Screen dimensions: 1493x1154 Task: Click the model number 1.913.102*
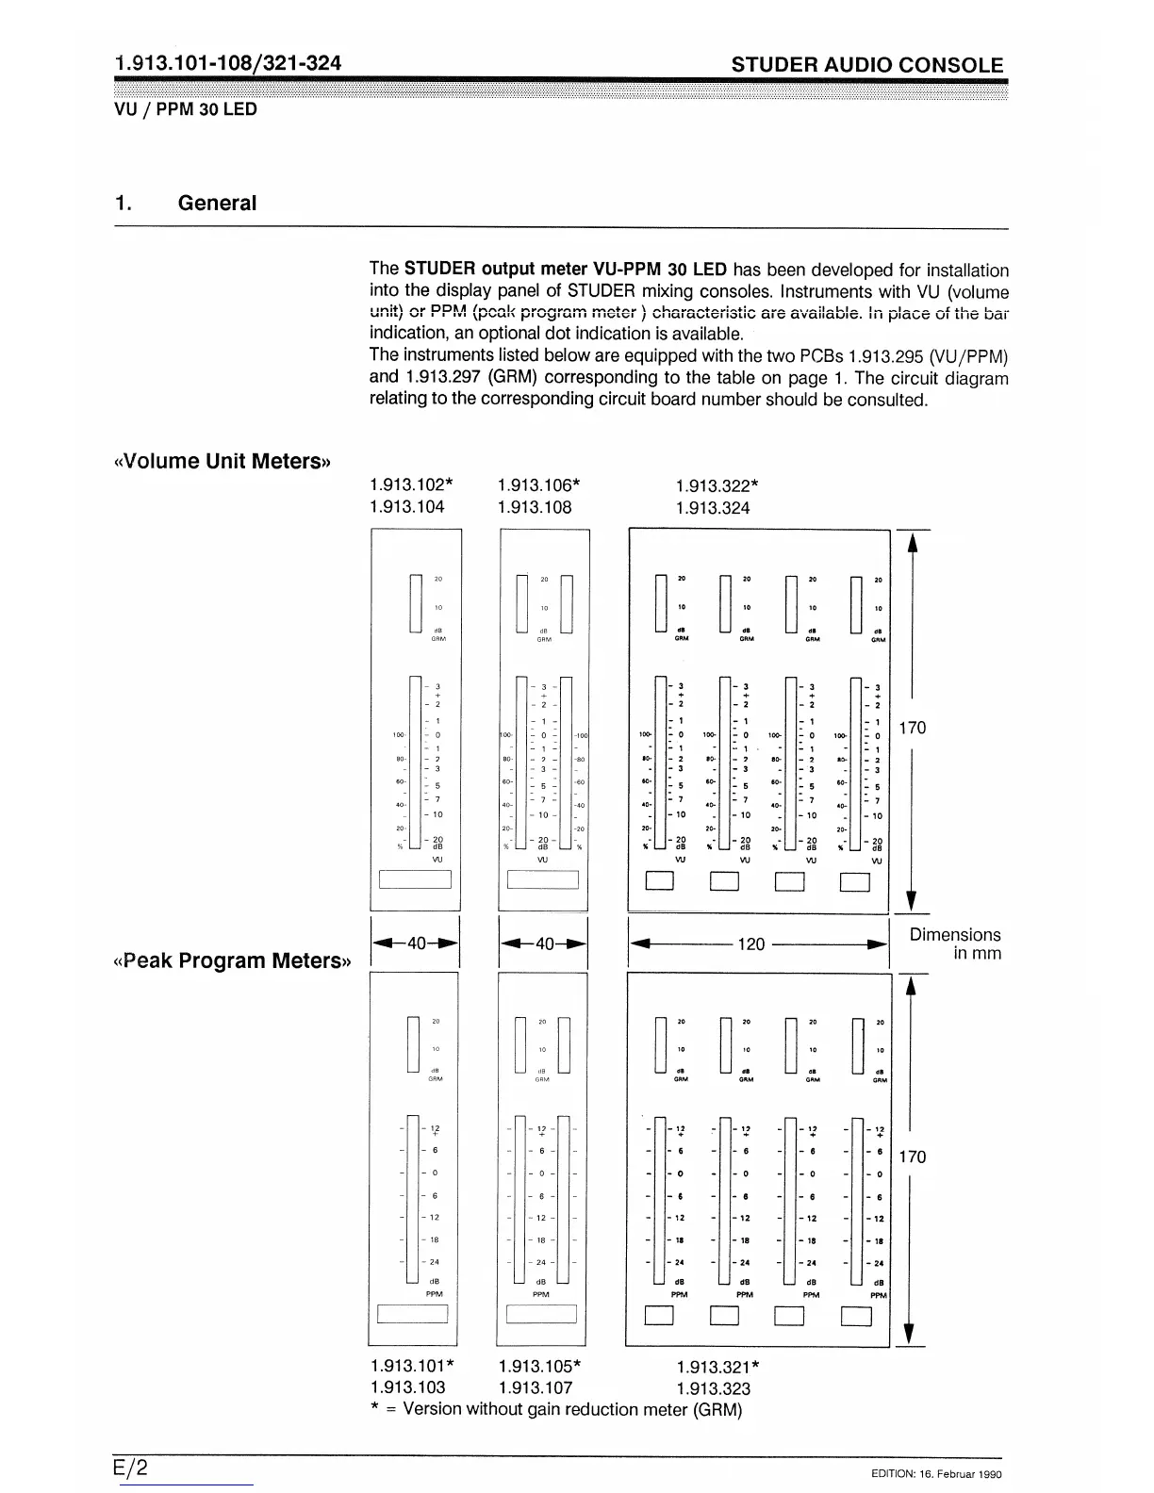(x=411, y=485)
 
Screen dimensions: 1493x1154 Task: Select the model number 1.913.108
(x=534, y=508)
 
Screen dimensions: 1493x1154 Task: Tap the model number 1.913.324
(x=713, y=509)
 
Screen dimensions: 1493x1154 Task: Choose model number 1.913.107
(x=535, y=1388)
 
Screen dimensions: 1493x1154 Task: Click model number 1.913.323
(x=714, y=1389)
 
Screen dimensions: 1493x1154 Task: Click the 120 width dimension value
(x=750, y=943)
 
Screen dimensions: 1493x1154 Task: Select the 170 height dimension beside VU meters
(x=913, y=728)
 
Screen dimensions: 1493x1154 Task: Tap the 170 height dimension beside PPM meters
(x=913, y=1157)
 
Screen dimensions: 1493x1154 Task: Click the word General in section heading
(x=217, y=204)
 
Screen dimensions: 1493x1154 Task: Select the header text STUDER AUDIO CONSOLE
(x=867, y=65)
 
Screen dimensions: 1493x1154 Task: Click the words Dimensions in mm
(x=955, y=943)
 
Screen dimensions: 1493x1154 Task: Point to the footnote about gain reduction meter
(x=556, y=1410)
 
